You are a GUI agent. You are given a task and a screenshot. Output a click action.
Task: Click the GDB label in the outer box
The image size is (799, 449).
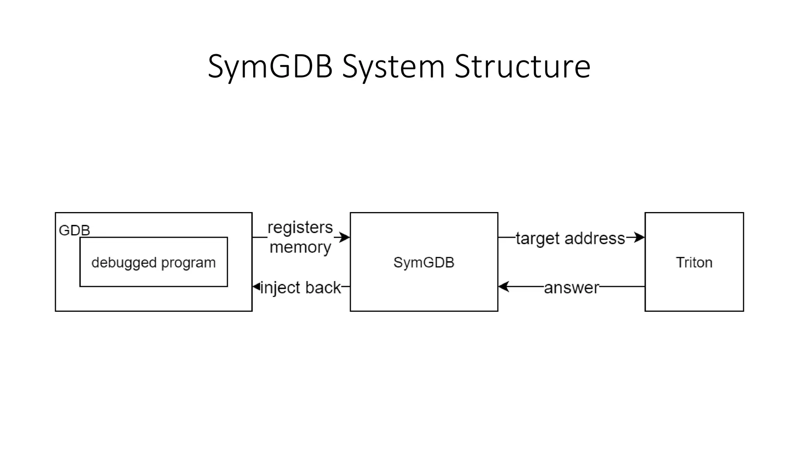[74, 230]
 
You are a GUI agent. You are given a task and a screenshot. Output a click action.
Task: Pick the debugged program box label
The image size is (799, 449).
[153, 263]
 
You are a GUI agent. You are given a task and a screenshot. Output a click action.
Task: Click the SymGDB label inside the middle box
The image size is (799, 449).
[424, 262]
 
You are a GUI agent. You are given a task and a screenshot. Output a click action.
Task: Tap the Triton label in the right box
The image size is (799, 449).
[694, 262]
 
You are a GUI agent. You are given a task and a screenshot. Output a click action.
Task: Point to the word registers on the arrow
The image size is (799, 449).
[300, 227]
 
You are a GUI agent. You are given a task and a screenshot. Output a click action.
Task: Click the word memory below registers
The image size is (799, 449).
[300, 247]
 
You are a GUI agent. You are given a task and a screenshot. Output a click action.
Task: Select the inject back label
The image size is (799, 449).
[300, 288]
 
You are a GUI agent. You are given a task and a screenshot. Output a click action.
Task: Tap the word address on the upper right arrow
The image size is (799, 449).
[595, 238]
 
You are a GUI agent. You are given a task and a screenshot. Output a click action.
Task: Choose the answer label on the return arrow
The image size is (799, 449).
[571, 288]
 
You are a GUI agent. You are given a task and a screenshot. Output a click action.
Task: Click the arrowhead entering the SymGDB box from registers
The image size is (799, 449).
[345, 237]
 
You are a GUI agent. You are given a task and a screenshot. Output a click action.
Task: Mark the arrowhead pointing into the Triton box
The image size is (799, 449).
[640, 237]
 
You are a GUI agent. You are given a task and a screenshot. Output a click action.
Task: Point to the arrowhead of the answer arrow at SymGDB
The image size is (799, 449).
[503, 287]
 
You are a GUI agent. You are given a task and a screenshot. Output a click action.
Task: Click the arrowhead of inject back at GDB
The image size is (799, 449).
[256, 287]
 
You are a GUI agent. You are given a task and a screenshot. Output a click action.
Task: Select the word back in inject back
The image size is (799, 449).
[323, 288]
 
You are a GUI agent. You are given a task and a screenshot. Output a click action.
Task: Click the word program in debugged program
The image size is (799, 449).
[188, 263]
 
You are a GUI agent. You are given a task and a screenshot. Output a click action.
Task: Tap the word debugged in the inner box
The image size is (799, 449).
[124, 263]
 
